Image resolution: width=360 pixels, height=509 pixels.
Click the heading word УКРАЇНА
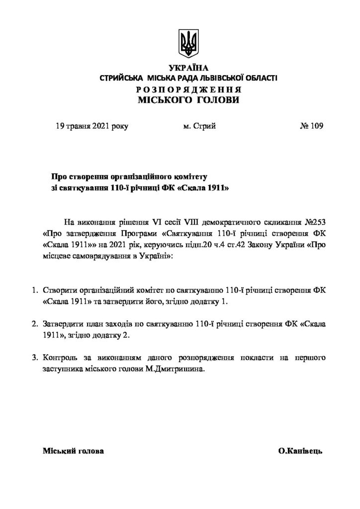(x=188, y=68)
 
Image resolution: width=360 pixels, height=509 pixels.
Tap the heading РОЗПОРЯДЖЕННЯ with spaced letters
(x=188, y=89)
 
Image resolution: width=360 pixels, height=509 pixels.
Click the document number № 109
(x=311, y=126)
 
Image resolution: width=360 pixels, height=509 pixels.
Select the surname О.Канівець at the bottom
(x=301, y=452)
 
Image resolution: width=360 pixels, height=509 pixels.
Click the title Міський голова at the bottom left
(x=74, y=452)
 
